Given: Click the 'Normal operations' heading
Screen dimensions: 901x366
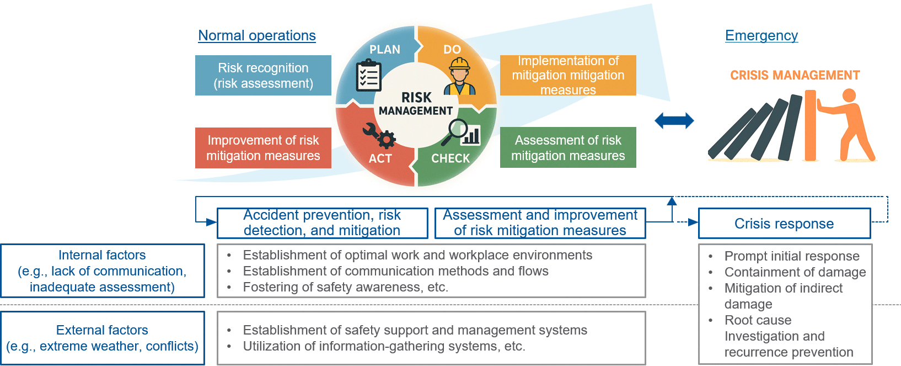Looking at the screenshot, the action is (x=256, y=35).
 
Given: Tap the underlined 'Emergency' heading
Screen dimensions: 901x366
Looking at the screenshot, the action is (x=761, y=35).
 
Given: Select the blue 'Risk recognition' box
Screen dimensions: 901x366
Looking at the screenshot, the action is (x=263, y=75).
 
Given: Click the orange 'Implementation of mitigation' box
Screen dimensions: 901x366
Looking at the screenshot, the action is (x=568, y=75).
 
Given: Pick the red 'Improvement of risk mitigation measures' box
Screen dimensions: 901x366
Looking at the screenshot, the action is (x=263, y=148).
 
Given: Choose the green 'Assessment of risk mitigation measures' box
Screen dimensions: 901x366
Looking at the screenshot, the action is (x=568, y=147).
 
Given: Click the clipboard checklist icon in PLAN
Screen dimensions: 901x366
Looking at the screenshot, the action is (x=368, y=75).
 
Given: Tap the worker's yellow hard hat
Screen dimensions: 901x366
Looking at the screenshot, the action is (x=459, y=63).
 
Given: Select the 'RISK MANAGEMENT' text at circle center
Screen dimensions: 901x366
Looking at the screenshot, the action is (x=416, y=103).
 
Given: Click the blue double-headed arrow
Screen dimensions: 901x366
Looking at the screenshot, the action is (x=674, y=120).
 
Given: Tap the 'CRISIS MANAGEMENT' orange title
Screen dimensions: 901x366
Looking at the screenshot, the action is (x=795, y=75).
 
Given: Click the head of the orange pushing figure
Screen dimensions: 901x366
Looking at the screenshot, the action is (x=849, y=96).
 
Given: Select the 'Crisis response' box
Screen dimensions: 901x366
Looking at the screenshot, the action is (x=784, y=224).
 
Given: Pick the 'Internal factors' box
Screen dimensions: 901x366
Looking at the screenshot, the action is (x=103, y=271).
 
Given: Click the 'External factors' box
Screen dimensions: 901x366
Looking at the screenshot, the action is (x=103, y=338).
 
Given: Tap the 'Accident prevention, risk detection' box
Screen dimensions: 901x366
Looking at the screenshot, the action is (x=322, y=223).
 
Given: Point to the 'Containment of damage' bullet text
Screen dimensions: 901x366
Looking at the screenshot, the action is (x=795, y=272).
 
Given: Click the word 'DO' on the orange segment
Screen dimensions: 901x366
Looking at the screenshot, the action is (x=452, y=50).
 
